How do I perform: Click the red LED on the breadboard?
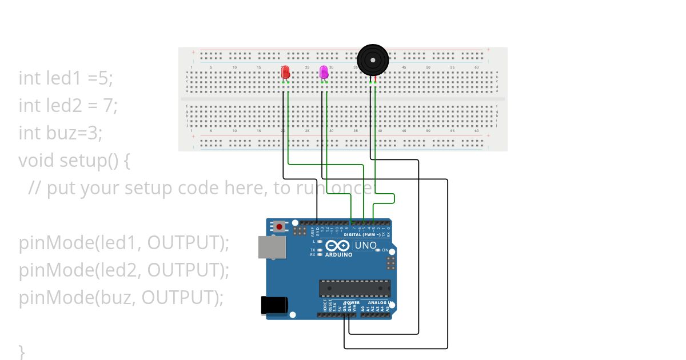coord(286,72)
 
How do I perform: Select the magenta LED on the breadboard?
coord(324,72)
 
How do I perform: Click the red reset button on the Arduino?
coord(279,226)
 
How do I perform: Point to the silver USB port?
coord(273,247)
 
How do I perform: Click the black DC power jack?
coord(272,305)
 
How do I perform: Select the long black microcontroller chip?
coord(354,289)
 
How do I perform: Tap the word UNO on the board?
coord(366,246)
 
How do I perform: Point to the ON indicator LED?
coord(378,250)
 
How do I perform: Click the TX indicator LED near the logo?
coord(319,250)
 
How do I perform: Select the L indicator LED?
coord(319,241)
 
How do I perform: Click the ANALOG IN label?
coord(379,303)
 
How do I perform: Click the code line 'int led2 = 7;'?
coord(68,105)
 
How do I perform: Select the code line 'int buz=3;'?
coord(61,133)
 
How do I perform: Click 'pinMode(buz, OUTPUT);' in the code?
coord(121,297)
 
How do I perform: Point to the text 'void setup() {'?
coord(74,160)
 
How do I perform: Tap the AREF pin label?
coord(313,231)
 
